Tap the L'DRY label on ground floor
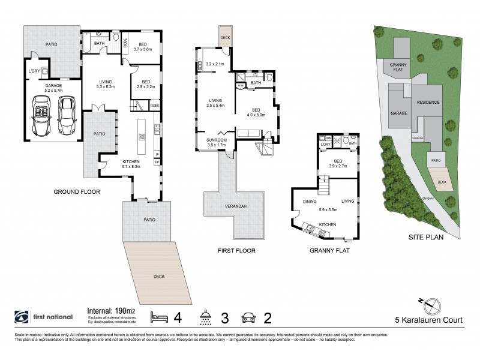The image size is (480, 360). click(x=34, y=71)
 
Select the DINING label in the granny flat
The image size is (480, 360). click(x=310, y=202)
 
